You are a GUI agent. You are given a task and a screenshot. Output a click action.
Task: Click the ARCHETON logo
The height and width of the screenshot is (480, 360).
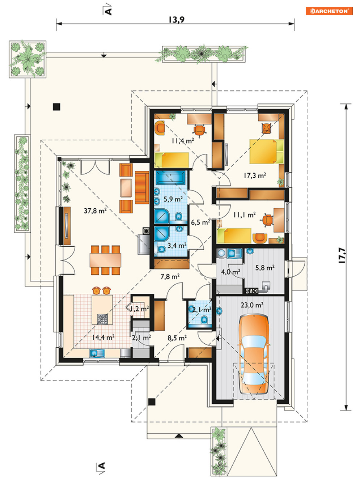tap(329, 11)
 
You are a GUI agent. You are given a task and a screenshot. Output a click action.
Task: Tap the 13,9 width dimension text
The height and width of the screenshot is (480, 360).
tap(177, 20)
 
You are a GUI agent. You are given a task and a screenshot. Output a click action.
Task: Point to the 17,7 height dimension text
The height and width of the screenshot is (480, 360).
tap(343, 255)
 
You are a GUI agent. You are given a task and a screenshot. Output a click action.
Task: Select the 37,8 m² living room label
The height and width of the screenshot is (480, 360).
tap(95, 211)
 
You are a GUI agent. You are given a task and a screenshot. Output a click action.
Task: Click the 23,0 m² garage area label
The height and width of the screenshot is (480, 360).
tap(252, 305)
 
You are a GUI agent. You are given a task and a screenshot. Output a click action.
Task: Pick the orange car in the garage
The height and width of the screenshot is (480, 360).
tap(254, 354)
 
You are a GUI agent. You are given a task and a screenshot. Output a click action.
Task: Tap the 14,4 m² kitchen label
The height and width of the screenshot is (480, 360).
tap(103, 337)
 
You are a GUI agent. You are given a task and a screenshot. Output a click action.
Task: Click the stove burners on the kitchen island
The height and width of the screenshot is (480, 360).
tap(102, 319)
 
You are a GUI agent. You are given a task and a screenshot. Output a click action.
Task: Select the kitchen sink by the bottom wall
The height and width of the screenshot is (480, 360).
tap(97, 353)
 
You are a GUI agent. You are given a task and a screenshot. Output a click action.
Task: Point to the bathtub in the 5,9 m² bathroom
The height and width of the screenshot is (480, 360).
tap(171, 177)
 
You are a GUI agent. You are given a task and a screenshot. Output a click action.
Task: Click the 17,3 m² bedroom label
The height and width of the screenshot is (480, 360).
tap(255, 175)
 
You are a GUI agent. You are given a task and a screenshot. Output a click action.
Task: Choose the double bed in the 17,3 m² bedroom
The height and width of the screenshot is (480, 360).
tap(266, 152)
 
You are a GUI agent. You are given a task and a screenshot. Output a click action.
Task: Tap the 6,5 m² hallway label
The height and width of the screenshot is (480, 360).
tap(200, 222)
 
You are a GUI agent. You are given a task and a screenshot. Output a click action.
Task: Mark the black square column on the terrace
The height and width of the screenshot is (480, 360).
tap(57, 107)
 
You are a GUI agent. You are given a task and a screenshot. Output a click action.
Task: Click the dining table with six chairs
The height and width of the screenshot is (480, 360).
tap(105, 260)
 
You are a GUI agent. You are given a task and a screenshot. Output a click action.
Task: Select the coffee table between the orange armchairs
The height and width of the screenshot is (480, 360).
tap(126, 188)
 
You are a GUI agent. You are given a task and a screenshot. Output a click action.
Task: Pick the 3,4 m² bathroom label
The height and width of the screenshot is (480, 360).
tap(177, 245)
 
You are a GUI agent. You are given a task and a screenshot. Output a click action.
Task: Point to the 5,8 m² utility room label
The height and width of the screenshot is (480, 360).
tap(265, 267)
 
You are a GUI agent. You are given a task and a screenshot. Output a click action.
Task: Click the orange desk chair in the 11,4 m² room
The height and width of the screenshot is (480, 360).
tap(199, 131)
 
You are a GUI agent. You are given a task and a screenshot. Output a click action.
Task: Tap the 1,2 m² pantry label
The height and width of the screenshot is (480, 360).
tap(140, 309)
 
